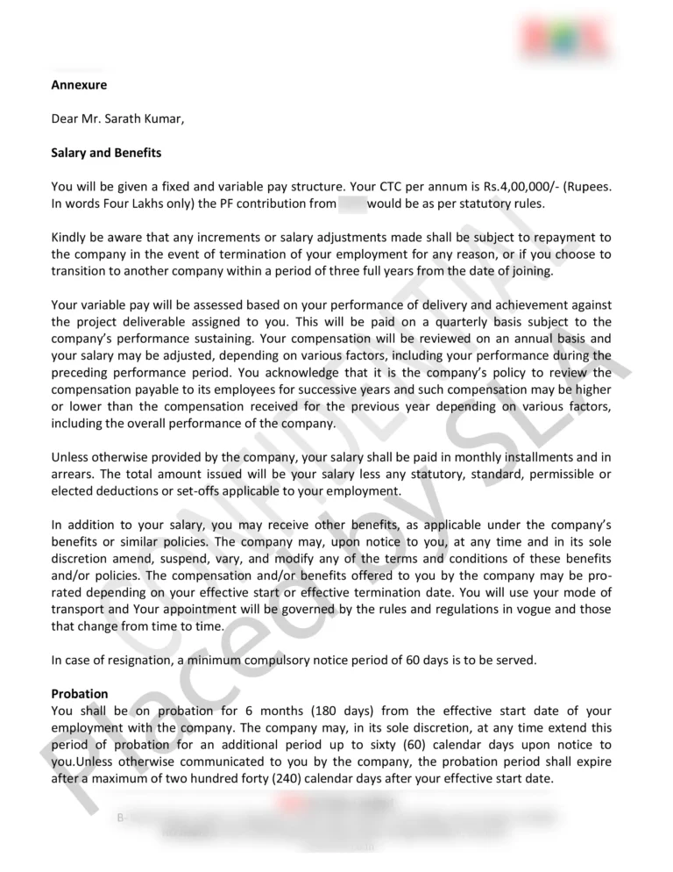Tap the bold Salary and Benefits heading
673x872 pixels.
coord(106,153)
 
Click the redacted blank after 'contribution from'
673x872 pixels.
coord(351,204)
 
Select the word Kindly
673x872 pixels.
coord(70,238)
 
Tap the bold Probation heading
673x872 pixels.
coord(80,694)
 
